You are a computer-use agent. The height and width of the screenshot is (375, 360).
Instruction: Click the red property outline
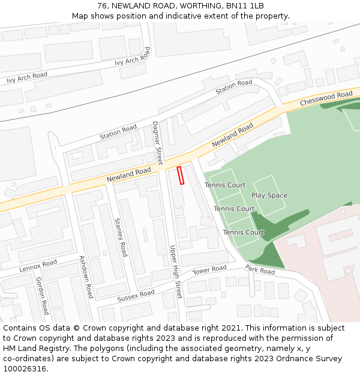pyautogui.click(x=180, y=175)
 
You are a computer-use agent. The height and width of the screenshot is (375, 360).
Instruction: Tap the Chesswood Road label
pyautogui.click(x=326, y=98)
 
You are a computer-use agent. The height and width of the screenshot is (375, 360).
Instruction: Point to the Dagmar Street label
pyautogui.click(x=157, y=143)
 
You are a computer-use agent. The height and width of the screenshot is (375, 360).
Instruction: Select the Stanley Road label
pyautogui.click(x=121, y=237)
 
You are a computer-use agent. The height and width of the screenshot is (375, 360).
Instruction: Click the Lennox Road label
pyautogui.click(x=38, y=265)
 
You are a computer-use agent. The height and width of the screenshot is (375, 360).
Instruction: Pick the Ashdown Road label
pyautogui.click(x=86, y=277)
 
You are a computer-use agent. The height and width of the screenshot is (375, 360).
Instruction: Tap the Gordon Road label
pyautogui.click(x=42, y=295)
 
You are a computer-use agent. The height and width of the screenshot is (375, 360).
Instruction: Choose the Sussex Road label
pyautogui.click(x=136, y=295)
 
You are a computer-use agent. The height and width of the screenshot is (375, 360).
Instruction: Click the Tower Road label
pyautogui.click(x=209, y=271)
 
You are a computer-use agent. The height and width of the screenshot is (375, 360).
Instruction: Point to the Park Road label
pyautogui.click(x=260, y=271)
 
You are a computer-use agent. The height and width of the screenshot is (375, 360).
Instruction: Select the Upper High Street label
pyautogui.click(x=175, y=272)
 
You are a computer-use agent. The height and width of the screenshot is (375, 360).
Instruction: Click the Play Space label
pyautogui.click(x=269, y=196)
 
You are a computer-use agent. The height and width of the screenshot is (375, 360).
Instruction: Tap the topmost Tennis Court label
pyautogui.click(x=225, y=185)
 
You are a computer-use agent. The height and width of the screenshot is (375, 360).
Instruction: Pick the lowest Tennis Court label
pyautogui.click(x=243, y=232)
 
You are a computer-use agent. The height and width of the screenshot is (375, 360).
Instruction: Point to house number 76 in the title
pyautogui.click(x=102, y=5)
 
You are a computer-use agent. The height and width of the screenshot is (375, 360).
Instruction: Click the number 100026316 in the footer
pyautogui.click(x=25, y=369)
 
